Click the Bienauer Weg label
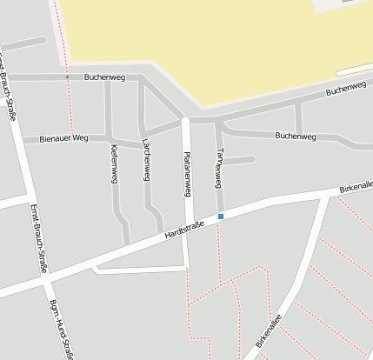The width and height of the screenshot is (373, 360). click(x=63, y=137)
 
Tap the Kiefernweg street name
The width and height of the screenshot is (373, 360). click(x=114, y=163)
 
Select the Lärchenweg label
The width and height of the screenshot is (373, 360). click(x=146, y=163)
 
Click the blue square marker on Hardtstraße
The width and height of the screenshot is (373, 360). click(x=221, y=216)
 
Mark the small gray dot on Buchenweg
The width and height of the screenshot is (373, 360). click(x=67, y=77)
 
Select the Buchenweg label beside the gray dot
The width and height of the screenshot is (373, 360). click(x=104, y=77)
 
